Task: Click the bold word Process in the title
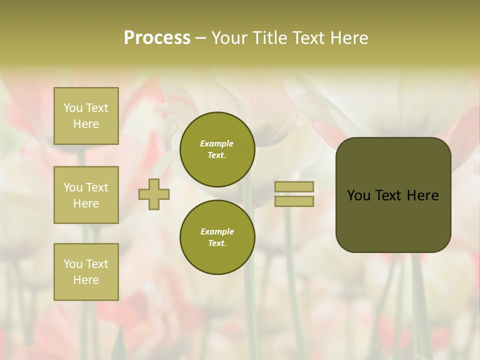[x=157, y=38]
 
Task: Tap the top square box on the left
[x=86, y=116]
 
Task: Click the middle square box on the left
[x=86, y=195]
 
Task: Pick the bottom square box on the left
[x=86, y=272]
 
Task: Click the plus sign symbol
[x=154, y=194]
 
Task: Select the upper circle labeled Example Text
[x=217, y=149]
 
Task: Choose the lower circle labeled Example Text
[x=217, y=237]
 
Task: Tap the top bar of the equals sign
[x=294, y=187]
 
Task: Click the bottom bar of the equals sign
[x=294, y=201]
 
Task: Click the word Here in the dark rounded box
[x=422, y=195]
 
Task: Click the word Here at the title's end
[x=349, y=38]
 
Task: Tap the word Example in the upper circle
[x=217, y=143]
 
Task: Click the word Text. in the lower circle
[x=217, y=243]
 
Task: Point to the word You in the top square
[x=73, y=108]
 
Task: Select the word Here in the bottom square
[x=86, y=280]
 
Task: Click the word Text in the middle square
[x=96, y=187]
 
